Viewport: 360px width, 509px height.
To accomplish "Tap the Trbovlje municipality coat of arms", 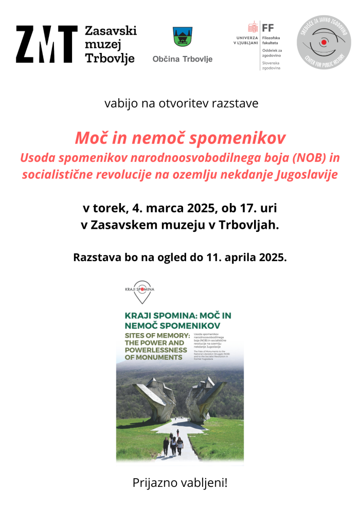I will point(183,37).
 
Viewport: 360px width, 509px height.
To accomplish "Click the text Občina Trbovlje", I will point(183,59).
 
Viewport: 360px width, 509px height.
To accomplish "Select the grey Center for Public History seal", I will point(324,42).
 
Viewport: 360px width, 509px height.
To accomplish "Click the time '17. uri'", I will point(259,209).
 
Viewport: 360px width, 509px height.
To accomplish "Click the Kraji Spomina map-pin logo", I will point(139,290).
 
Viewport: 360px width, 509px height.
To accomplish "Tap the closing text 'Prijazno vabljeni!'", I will point(180,483).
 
